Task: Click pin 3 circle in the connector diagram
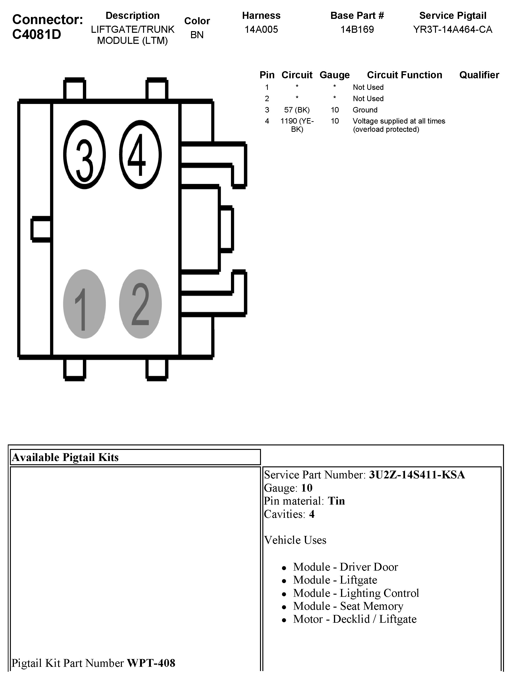[x=84, y=154]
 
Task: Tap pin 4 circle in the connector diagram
[x=140, y=154]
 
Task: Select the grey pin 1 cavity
[x=84, y=304]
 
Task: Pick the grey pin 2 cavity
[x=140, y=304]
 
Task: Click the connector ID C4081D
[x=37, y=34]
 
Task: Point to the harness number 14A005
[x=261, y=29]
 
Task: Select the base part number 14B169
[x=357, y=29]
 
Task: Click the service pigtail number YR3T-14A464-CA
[x=452, y=29]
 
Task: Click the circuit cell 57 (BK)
[x=297, y=110]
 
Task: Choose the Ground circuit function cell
[x=365, y=110]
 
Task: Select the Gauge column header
[x=334, y=75]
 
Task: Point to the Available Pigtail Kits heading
[x=65, y=457]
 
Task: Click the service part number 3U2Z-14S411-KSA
[x=417, y=475]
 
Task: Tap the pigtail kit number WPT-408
[x=151, y=663]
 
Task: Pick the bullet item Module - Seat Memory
[x=348, y=606]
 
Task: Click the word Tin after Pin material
[x=336, y=501]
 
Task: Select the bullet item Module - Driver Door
[x=345, y=567]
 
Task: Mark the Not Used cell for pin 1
[x=368, y=87]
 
